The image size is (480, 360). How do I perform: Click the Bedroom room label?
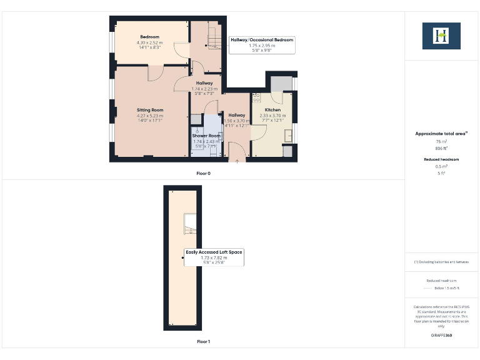[x=149, y=37]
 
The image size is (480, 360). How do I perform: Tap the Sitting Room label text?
[x=150, y=110]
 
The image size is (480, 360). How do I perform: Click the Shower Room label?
[x=206, y=136]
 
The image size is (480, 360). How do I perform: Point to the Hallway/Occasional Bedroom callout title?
[x=262, y=39]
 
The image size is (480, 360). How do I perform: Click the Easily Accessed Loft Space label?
[x=214, y=252]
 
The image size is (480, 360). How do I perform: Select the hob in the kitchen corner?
[x=256, y=98]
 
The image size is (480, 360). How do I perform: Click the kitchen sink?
[x=288, y=135]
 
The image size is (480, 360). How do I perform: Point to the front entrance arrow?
[x=237, y=160]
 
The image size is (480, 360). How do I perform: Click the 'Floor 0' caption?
[x=204, y=172]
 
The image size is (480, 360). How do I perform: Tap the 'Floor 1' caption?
[x=204, y=342]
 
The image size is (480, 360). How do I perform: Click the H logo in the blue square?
[x=441, y=36]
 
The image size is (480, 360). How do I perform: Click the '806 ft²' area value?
[x=441, y=149]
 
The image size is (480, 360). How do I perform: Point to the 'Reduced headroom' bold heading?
[x=441, y=160]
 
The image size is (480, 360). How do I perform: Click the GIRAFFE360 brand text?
[x=441, y=336]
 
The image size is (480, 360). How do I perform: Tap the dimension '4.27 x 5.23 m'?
[x=150, y=116]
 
